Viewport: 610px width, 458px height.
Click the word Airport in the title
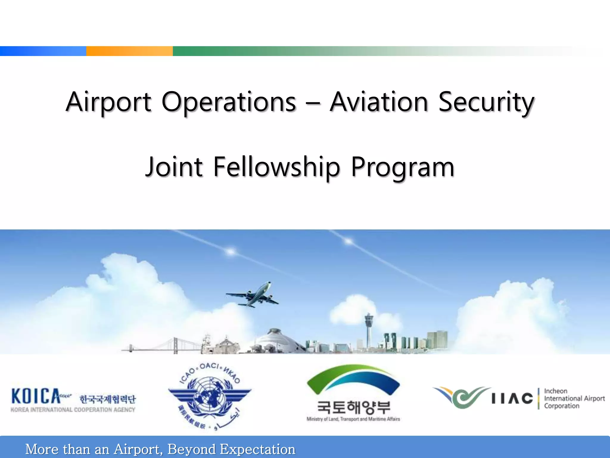coord(108,102)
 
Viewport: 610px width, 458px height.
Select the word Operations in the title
coord(229,102)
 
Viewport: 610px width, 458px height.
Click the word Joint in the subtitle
coord(175,167)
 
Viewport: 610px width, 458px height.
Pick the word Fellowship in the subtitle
coord(277,167)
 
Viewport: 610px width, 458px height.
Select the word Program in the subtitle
coord(403,167)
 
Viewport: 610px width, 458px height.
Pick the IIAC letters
coord(512,398)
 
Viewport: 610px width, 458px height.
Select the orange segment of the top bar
coord(129,51)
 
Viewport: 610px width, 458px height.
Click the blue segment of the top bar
coord(43,51)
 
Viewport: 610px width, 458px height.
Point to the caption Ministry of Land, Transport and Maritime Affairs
coord(353,419)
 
